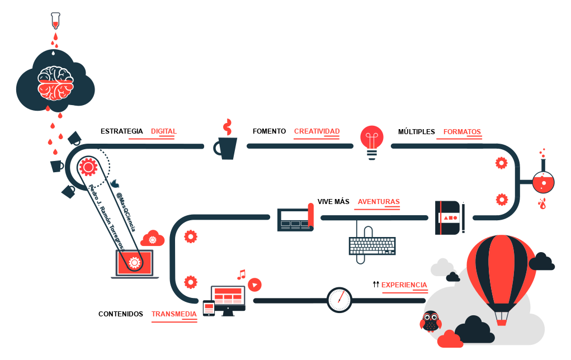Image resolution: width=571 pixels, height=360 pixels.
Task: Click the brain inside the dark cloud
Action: pyautogui.click(x=55, y=82)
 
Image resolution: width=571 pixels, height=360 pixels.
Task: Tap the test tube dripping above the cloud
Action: pyautogui.click(x=55, y=21)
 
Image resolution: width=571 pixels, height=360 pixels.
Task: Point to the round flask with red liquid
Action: pyautogui.click(x=543, y=182)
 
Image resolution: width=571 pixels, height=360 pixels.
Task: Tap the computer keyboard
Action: pyautogui.click(x=372, y=246)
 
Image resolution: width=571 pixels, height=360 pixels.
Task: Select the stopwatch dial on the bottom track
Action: pyautogui.click(x=339, y=300)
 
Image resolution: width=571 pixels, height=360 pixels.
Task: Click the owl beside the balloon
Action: pyautogui.click(x=430, y=321)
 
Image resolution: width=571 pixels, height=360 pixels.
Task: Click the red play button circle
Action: pyautogui.click(x=254, y=285)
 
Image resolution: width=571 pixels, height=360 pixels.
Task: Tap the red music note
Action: pyautogui.click(x=241, y=274)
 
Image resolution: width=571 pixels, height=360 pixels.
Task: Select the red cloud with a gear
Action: pyautogui.click(x=153, y=239)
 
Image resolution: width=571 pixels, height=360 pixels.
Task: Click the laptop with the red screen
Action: pyautogui.click(x=134, y=263)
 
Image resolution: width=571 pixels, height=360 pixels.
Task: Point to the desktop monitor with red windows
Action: pyautogui.click(x=228, y=297)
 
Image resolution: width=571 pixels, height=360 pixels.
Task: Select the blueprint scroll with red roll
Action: pyautogui.click(x=296, y=217)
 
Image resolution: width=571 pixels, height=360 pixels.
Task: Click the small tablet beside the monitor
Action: pyautogui.click(x=209, y=307)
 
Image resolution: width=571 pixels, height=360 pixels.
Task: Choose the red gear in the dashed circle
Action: pyautogui.click(x=88, y=166)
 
